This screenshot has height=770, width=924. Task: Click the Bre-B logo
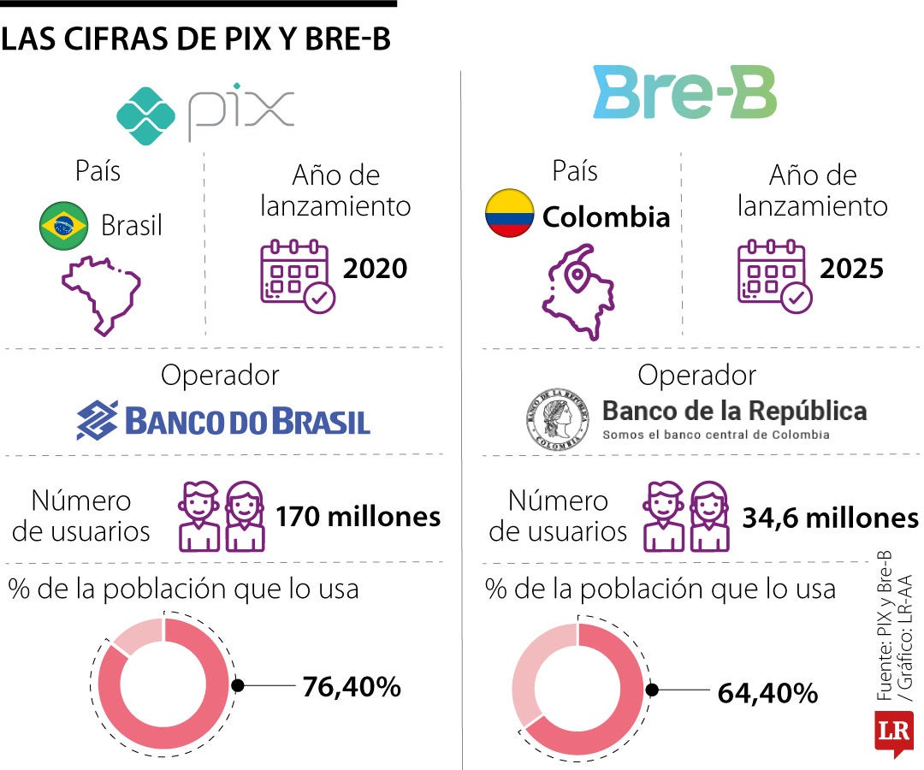[684, 95]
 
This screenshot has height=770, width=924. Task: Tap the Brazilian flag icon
[64, 226]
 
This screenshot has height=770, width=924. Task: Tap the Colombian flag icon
[509, 214]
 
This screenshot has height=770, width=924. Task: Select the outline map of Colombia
[576, 292]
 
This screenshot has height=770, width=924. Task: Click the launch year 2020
[375, 269]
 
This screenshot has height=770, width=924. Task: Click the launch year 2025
[851, 269]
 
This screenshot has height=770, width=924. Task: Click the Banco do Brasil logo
[223, 420]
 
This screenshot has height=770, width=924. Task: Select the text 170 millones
[358, 517]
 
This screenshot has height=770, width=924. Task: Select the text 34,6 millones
[830, 518]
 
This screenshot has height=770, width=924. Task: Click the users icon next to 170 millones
[221, 516]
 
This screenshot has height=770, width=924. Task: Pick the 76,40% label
[352, 686]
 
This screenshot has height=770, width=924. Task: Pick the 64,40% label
[768, 693]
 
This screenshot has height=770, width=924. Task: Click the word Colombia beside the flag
[606, 216]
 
